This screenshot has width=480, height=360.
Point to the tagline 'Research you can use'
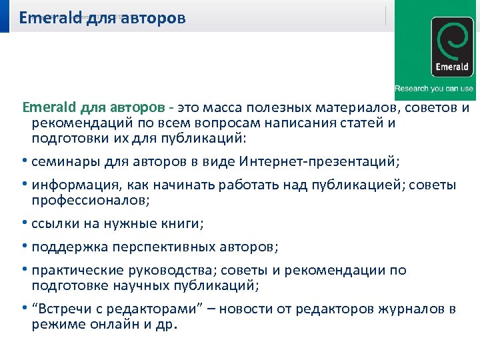point(434,89)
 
